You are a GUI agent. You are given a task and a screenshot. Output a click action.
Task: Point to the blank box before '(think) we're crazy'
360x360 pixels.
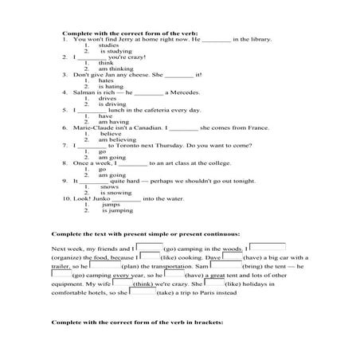coord(119,283)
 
